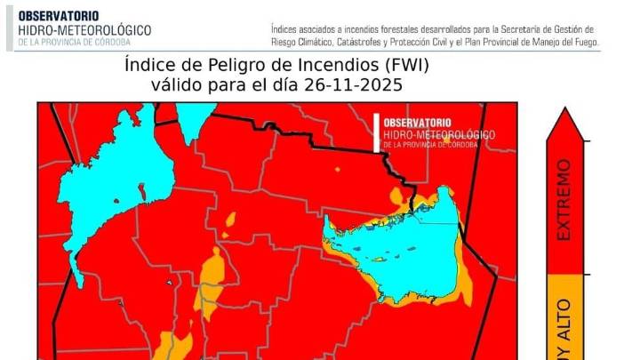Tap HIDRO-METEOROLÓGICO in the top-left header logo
(x=84, y=30)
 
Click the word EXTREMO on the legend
(x=564, y=199)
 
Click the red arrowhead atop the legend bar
(x=564, y=124)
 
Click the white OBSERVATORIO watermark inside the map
(x=416, y=123)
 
